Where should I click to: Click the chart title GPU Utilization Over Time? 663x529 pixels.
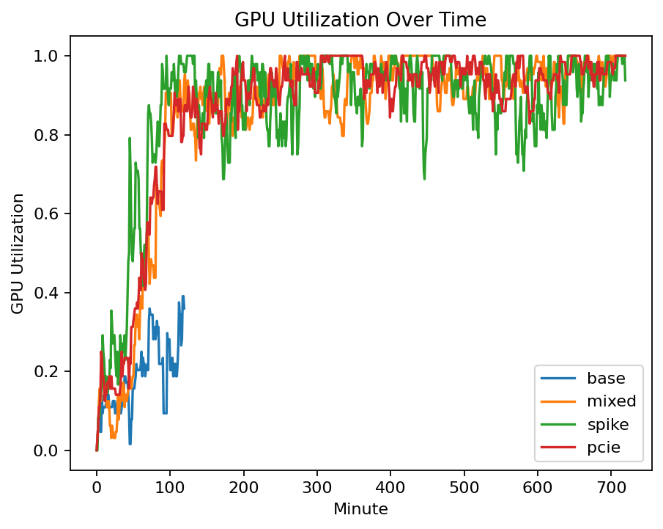click(360, 21)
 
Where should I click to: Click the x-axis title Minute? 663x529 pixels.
click(360, 508)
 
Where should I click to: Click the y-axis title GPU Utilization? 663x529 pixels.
click(18, 253)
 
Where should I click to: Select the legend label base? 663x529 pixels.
click(606, 379)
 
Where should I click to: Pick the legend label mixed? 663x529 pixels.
click(611, 401)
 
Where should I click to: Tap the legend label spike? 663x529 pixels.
click(607, 425)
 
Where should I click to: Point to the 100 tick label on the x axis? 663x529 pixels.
click(170, 486)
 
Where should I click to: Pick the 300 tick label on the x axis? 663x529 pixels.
click(316, 486)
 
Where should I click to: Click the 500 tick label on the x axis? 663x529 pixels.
click(464, 486)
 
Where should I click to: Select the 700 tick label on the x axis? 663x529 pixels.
click(611, 486)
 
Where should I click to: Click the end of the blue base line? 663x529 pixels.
click(184, 309)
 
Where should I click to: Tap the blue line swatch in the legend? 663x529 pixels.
click(557, 379)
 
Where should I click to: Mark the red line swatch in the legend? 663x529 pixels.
click(557, 448)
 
